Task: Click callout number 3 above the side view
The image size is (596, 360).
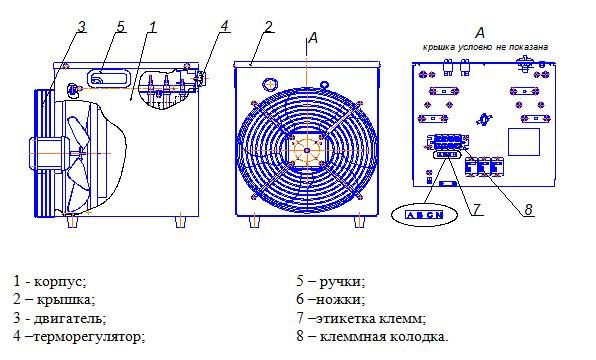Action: tap(81, 27)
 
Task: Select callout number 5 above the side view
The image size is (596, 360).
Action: tap(120, 27)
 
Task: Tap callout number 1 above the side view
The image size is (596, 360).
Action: tap(153, 27)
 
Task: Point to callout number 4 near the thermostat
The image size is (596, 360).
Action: tap(225, 26)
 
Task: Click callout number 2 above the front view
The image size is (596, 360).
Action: tap(269, 27)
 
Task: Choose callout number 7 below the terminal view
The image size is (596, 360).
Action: tap(476, 209)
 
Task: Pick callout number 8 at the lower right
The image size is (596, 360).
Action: tap(528, 209)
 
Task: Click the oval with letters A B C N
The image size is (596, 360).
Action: tap(425, 215)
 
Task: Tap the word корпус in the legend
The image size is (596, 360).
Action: tap(60, 282)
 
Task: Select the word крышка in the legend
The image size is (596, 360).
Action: tap(66, 300)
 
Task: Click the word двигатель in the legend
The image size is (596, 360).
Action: tap(70, 318)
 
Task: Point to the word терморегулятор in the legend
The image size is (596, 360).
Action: tap(89, 336)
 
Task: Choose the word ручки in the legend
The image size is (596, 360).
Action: tap(342, 282)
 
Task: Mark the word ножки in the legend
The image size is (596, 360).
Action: tap(340, 300)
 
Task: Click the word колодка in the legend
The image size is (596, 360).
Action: tap(420, 337)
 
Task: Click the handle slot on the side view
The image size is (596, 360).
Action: tap(109, 79)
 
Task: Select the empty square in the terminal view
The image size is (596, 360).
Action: tap(524, 142)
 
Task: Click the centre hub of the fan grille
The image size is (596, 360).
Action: tap(307, 150)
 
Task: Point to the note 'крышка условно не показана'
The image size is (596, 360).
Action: tap(485, 47)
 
